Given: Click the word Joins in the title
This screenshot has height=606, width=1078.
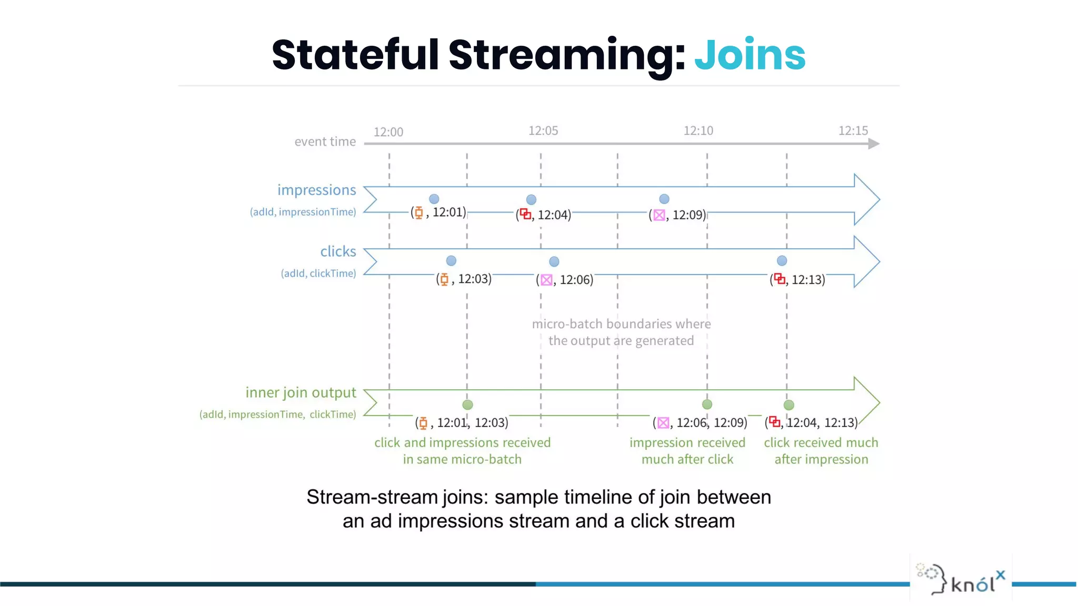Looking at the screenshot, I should click(x=750, y=55).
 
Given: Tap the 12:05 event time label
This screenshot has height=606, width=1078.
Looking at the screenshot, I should click(x=543, y=130).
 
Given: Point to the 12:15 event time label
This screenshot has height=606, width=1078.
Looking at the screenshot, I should click(x=853, y=130).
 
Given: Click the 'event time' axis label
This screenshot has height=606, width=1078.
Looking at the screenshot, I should click(x=325, y=142).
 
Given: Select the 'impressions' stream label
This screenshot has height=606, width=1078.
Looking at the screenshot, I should click(x=316, y=190).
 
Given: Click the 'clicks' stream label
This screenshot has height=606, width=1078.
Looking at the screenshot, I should click(x=338, y=251).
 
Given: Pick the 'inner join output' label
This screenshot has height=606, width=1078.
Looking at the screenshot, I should click(x=301, y=392).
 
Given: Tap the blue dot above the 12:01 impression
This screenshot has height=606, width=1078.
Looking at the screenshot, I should click(x=434, y=199).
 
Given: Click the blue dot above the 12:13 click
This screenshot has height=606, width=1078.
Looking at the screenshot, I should click(x=782, y=261).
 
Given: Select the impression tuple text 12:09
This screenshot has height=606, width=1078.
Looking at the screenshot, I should click(x=688, y=215).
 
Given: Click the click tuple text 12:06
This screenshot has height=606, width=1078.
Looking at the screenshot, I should click(x=576, y=280).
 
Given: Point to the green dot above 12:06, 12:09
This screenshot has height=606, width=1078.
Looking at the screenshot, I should click(x=707, y=405).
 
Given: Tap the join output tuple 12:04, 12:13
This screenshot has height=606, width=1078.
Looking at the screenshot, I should click(x=821, y=423).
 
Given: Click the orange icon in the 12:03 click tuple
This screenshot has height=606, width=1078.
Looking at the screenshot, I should click(x=444, y=279).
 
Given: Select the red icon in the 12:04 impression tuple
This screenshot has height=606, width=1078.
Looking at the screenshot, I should click(x=525, y=214).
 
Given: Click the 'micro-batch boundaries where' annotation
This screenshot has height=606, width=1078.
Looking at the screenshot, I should click(x=621, y=324).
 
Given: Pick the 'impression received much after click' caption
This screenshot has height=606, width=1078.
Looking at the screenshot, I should click(x=687, y=451).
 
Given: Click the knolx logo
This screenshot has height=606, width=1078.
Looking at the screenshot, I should click(x=961, y=579).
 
